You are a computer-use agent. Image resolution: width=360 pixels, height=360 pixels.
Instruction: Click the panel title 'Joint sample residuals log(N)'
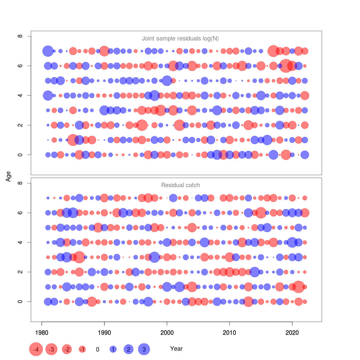[180, 38]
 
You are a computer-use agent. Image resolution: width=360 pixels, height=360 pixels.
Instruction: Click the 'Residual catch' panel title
[180, 185]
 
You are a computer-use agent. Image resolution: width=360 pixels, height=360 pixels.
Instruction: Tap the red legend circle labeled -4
[36, 349]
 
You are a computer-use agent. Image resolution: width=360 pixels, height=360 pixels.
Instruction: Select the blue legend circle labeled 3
[144, 349]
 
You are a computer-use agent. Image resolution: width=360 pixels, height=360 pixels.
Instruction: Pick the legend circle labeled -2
[67, 349]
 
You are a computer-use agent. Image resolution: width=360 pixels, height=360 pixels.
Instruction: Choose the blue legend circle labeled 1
[113, 349]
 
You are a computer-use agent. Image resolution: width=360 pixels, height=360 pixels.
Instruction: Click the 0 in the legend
[97, 349]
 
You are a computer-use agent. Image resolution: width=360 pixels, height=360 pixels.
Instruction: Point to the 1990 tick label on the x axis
[104, 333]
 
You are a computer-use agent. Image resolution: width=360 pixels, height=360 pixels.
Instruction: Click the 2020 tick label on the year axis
[292, 333]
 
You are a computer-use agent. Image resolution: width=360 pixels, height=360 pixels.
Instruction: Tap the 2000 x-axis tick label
[167, 333]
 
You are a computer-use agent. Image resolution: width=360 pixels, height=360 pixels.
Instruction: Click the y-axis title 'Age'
[8, 176]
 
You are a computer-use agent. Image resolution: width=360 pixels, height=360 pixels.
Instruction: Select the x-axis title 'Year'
[176, 349]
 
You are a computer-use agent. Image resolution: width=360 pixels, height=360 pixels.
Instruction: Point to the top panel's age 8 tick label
[20, 36]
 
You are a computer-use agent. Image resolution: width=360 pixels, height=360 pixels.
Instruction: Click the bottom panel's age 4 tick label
[20, 242]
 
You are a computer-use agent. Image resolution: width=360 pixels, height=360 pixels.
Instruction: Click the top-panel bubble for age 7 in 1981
[48, 51]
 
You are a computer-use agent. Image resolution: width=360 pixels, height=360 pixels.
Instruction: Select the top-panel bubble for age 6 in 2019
[286, 66]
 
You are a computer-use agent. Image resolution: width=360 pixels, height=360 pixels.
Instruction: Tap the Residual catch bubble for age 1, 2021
[298, 287]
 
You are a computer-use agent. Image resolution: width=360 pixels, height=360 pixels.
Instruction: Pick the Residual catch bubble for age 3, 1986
[79, 257]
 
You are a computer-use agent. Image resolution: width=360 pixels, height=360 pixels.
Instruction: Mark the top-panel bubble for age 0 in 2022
[305, 155]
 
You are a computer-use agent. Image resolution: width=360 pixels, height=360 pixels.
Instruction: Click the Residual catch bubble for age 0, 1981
[48, 301]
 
